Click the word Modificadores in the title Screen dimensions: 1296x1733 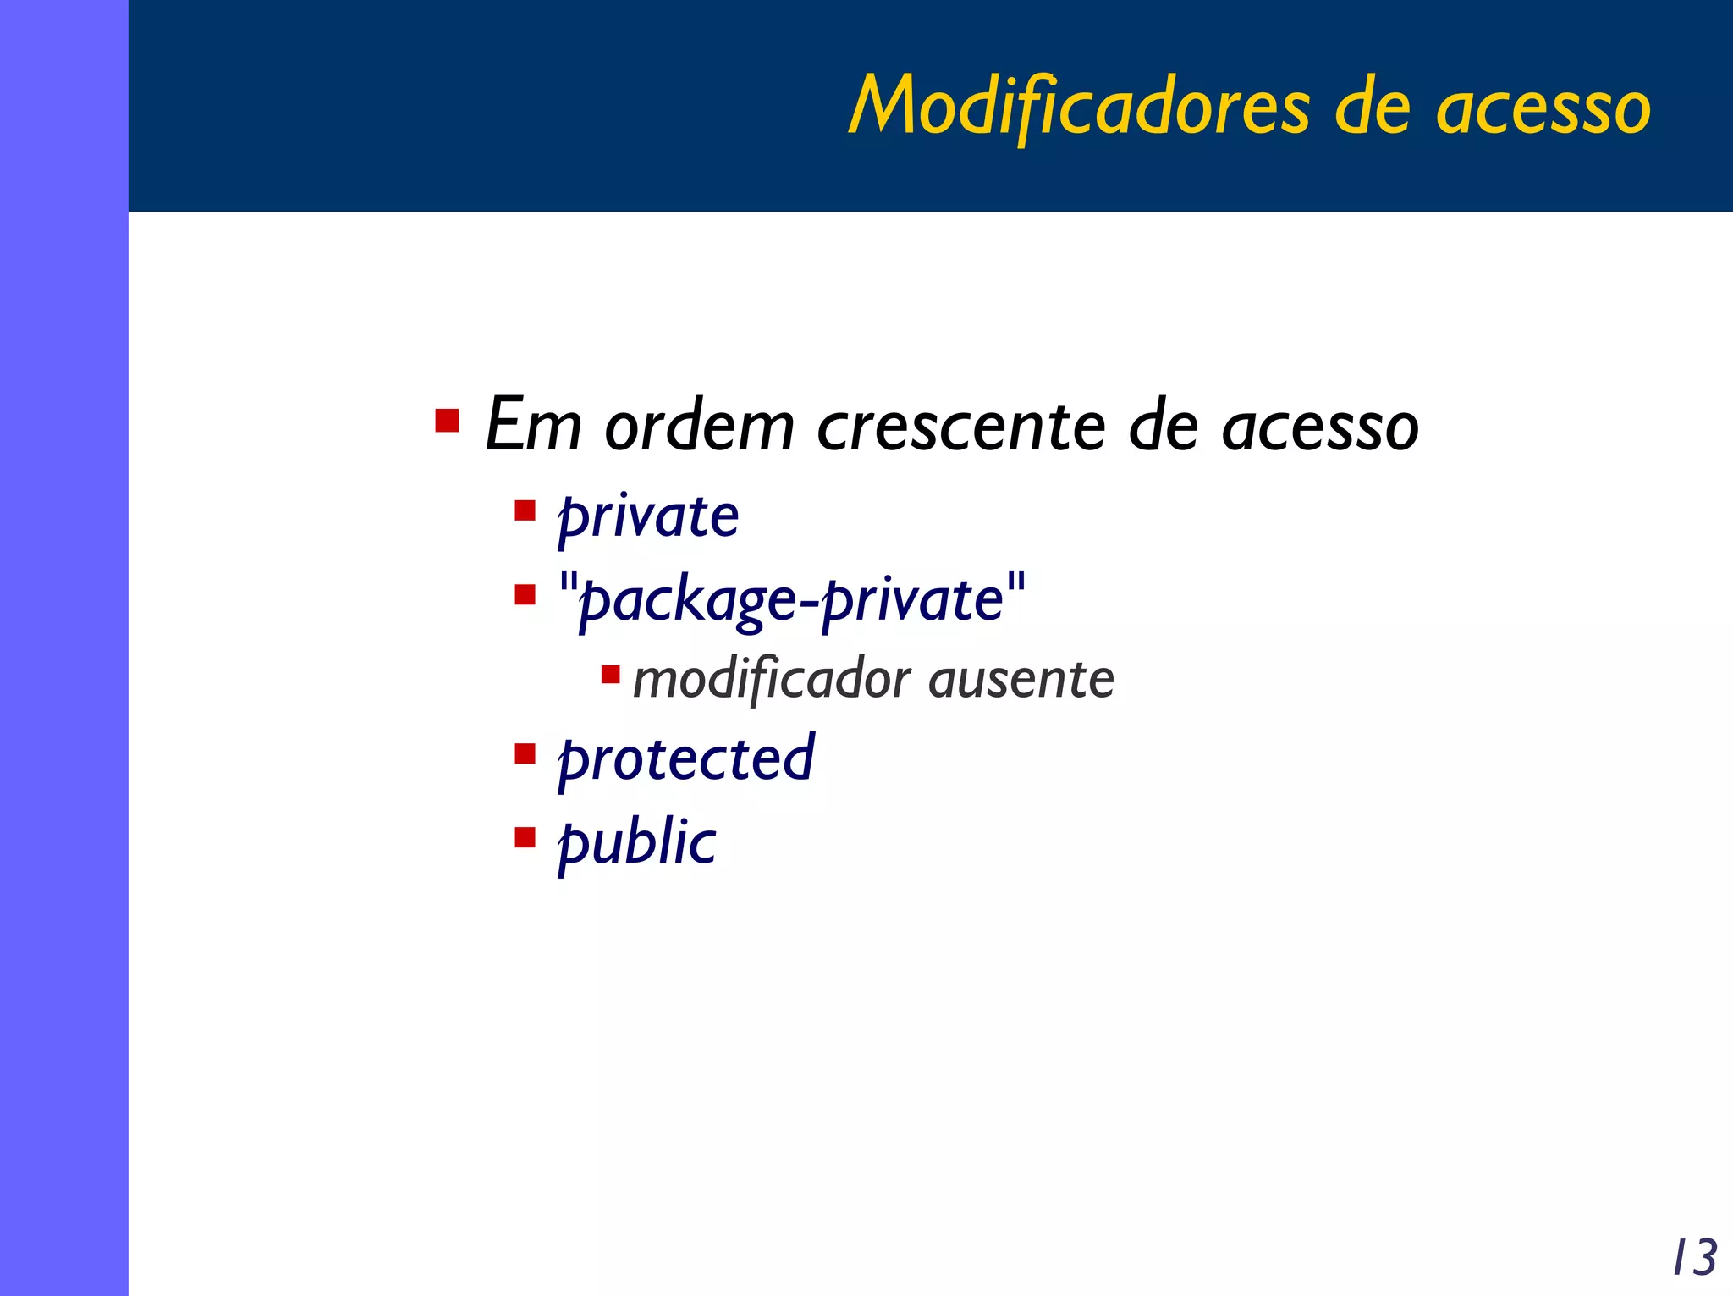coord(1080,106)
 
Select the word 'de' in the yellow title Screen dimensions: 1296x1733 coord(1372,108)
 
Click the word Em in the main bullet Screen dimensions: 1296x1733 coord(534,425)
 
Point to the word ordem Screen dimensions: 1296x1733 coord(699,425)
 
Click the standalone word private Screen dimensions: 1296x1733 coord(648,517)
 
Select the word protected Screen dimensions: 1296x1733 coord(686,759)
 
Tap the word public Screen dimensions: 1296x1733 coord(636,844)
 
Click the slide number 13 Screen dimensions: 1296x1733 coord(1695,1257)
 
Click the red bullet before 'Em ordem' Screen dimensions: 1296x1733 coord(447,421)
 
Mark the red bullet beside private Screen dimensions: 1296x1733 coord(525,511)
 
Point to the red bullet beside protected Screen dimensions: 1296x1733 coord(525,753)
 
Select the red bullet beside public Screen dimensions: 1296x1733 coord(525,837)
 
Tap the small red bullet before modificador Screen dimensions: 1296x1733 coord(610,675)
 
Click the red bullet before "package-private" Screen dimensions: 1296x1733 coord(525,595)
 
